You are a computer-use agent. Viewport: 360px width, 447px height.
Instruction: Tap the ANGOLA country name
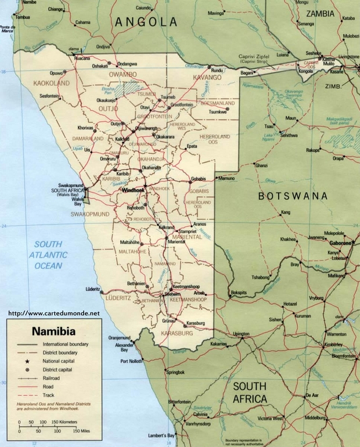pos(146,22)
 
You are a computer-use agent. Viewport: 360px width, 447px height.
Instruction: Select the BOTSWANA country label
pos(293,196)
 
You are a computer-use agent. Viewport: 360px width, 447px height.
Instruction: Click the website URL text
pos(54,313)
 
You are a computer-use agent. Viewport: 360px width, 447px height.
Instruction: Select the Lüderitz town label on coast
pos(92,289)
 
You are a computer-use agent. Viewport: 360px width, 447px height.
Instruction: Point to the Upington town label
pos(241,334)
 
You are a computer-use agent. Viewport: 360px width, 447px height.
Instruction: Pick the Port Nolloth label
pos(131,361)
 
